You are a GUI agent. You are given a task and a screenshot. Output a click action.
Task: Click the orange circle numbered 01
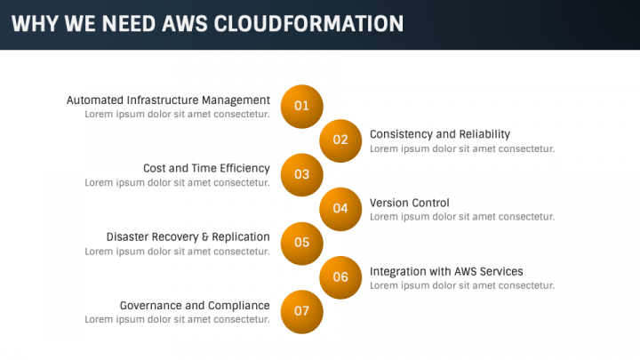301,106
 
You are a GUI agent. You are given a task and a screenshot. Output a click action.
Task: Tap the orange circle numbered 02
340,140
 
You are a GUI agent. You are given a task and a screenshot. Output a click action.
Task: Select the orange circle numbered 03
301,175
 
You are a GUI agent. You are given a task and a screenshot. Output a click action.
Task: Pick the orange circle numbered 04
340,209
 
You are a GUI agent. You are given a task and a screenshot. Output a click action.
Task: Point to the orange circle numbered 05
301,244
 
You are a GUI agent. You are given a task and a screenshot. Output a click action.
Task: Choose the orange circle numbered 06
340,277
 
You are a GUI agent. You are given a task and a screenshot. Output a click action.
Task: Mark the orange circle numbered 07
301,312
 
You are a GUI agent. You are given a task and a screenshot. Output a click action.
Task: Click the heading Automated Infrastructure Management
168,100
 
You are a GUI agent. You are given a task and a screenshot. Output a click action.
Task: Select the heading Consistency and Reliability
440,134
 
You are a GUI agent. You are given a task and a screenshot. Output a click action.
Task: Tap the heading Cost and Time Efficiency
206,169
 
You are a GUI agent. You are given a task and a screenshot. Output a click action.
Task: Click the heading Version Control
410,203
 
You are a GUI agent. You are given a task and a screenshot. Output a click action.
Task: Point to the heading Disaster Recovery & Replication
188,237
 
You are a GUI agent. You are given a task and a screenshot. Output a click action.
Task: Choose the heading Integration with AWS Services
446,271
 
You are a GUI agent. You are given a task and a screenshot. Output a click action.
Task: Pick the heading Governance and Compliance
195,306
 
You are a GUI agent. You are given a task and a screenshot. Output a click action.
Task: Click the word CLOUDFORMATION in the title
308,24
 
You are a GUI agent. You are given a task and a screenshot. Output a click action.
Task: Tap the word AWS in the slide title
185,24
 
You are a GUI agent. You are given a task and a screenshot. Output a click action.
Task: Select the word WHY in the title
35,24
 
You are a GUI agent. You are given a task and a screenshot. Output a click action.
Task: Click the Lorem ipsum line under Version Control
462,217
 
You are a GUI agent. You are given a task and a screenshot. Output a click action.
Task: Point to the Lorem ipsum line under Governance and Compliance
177,320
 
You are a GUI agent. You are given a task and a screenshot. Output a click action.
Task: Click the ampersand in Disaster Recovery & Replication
205,237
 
